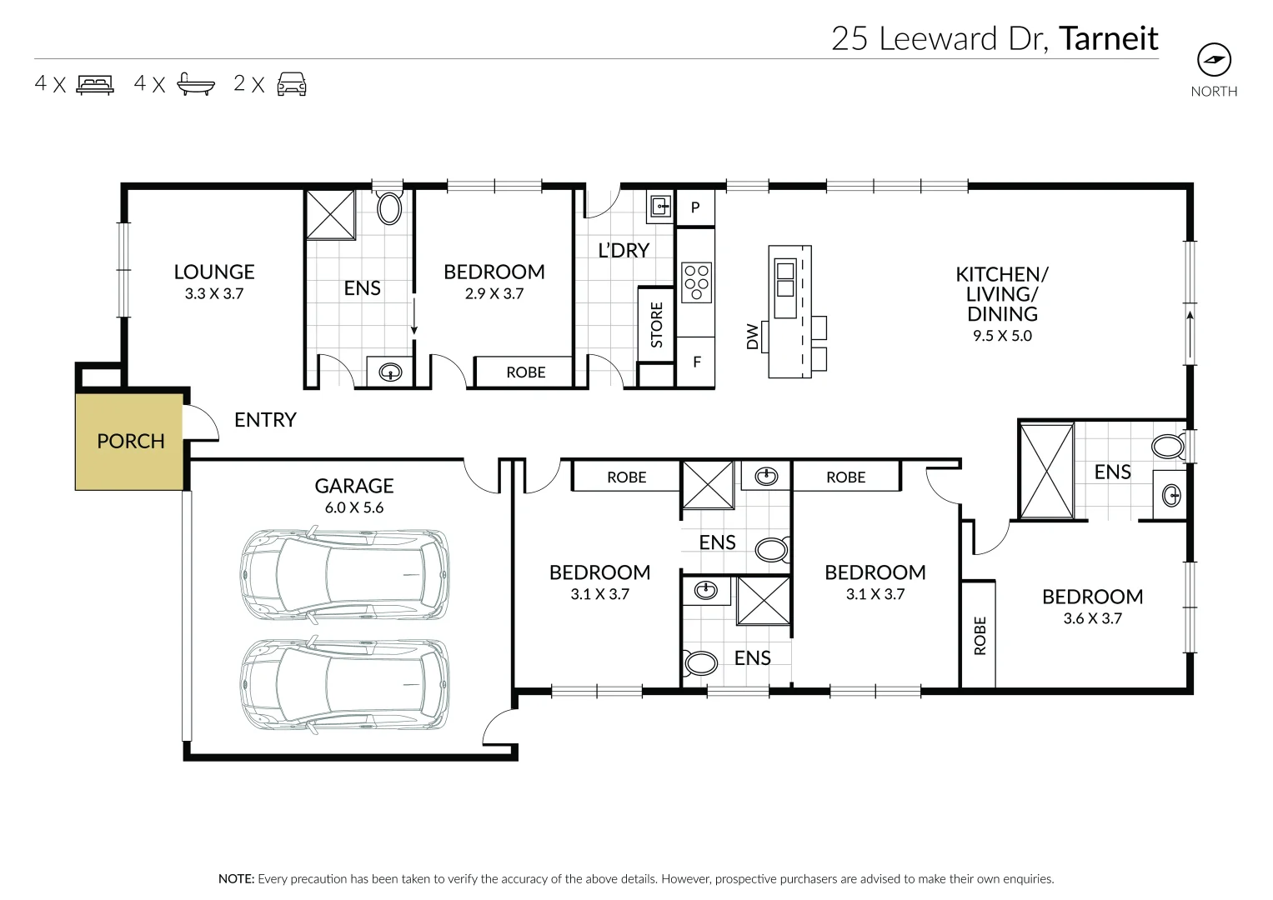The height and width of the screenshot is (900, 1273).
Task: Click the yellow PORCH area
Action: click(129, 442)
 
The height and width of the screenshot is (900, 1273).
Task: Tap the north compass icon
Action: click(1214, 60)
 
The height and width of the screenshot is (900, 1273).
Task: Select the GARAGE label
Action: click(353, 486)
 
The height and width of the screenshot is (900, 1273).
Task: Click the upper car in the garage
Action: click(344, 574)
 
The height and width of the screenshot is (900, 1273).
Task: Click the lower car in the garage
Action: click(344, 685)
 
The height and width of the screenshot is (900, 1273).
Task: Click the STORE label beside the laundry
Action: click(657, 325)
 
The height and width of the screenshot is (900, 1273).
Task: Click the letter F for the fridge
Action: click(696, 362)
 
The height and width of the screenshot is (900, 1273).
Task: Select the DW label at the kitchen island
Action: click(753, 337)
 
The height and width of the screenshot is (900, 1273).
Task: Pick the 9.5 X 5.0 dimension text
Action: click(1002, 336)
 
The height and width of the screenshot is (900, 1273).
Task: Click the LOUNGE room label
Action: click(214, 272)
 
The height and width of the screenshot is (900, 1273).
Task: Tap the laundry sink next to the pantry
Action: click(660, 205)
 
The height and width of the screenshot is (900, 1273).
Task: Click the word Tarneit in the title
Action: click(1108, 38)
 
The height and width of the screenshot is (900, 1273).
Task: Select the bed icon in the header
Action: click(95, 84)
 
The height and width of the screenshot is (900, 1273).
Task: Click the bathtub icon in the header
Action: click(196, 84)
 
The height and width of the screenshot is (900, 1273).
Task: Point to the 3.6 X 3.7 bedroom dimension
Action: click(1092, 618)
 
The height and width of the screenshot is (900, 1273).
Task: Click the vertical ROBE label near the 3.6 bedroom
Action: click(980, 635)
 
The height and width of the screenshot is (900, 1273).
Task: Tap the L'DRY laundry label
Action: click(624, 250)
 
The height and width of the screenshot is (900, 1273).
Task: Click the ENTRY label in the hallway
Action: click(265, 420)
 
